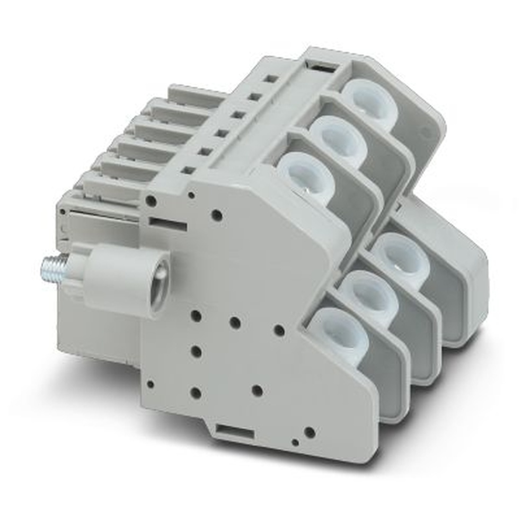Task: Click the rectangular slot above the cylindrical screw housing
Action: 167,224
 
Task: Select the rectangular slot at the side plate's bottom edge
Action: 233,433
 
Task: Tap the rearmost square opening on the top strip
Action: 272,79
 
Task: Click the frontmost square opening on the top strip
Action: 188,170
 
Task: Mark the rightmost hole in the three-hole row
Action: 279,331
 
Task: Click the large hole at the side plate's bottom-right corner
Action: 310,432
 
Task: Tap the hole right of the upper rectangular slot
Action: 216,215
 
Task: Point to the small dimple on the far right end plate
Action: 423,130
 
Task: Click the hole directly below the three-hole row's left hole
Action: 196,351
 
